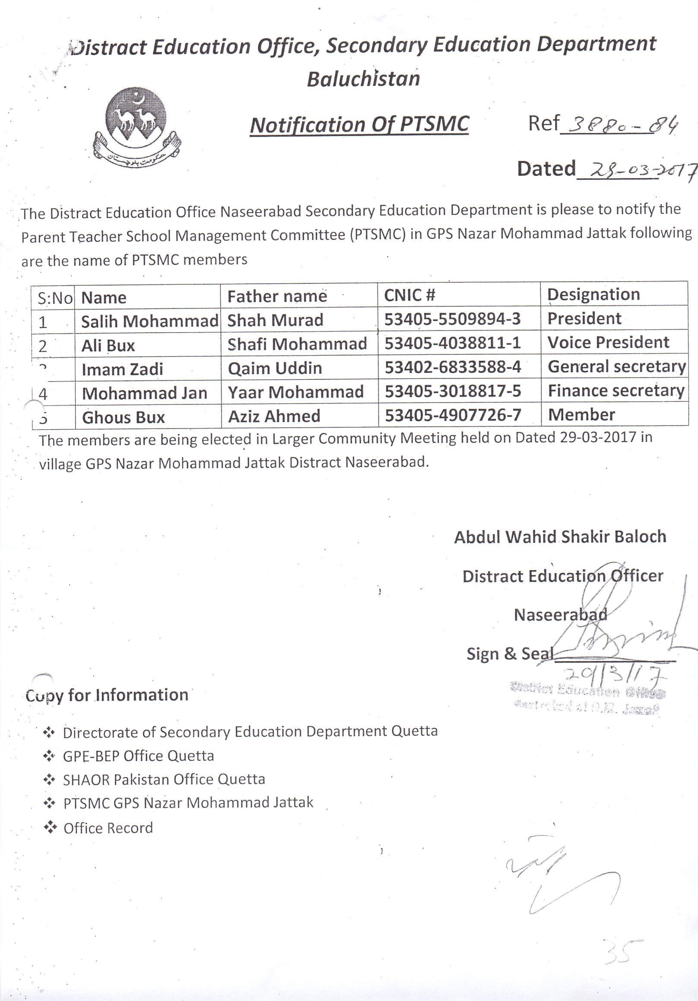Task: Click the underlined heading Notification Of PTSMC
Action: click(x=359, y=125)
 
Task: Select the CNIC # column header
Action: click(x=409, y=295)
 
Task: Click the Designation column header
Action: click(x=593, y=294)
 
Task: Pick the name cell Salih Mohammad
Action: click(x=149, y=321)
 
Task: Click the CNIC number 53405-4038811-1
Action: click(x=453, y=343)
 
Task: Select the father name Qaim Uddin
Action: click(x=275, y=369)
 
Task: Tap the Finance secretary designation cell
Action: click(x=616, y=391)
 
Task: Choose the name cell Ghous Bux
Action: click(x=124, y=417)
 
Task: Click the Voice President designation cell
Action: click(x=608, y=342)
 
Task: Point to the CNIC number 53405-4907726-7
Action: click(x=453, y=415)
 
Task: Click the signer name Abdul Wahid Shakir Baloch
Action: click(x=560, y=537)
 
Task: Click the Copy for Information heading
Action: click(x=107, y=695)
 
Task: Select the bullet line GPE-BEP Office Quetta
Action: click(x=139, y=756)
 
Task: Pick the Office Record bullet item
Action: click(x=108, y=828)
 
